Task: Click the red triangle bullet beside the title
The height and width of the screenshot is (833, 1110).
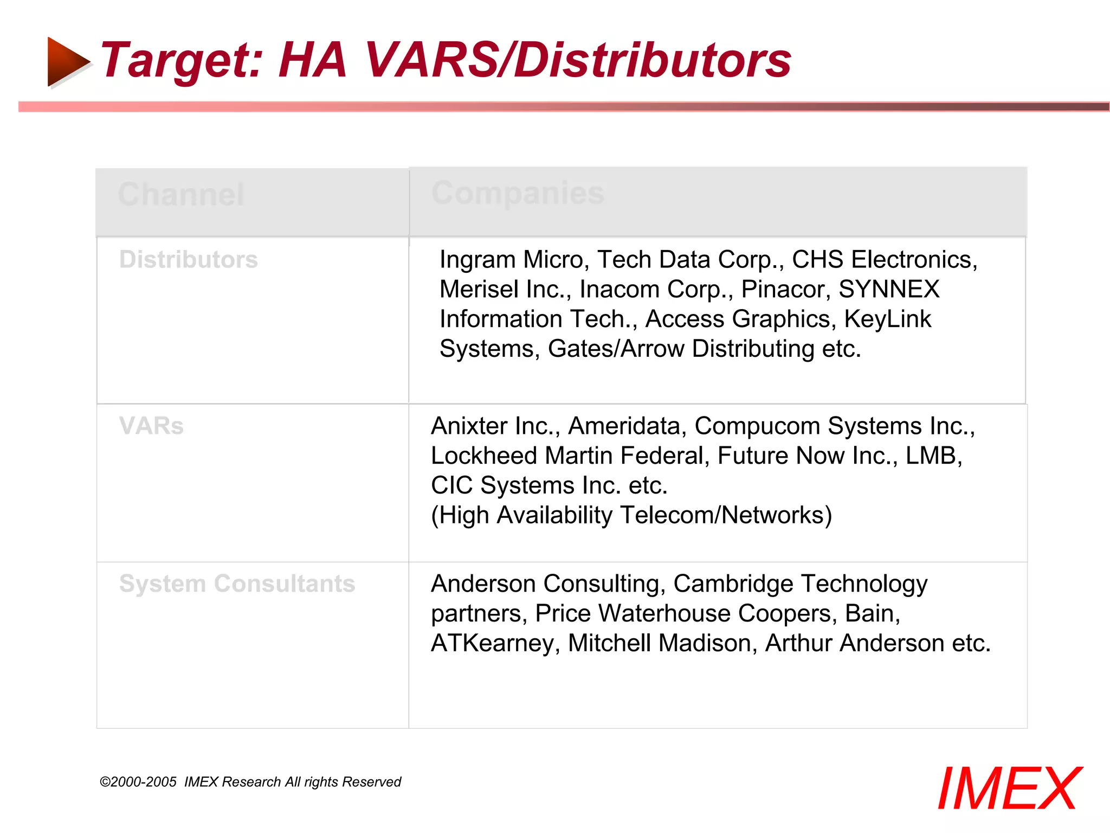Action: tap(67, 61)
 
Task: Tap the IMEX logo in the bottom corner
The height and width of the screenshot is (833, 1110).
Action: tap(1009, 789)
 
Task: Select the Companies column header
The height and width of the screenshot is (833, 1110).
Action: tap(518, 193)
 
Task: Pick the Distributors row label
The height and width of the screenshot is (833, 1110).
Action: tap(188, 259)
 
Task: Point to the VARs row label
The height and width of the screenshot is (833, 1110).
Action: tap(151, 426)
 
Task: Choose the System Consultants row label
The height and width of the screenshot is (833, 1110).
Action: tap(237, 584)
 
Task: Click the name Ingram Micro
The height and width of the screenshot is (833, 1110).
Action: tap(513, 260)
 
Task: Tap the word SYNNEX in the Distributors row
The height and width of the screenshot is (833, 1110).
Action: tap(889, 289)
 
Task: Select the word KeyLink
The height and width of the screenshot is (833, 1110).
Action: tap(887, 319)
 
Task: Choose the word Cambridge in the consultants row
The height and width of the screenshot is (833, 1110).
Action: tap(732, 584)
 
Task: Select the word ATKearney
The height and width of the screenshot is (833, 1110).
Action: tap(493, 644)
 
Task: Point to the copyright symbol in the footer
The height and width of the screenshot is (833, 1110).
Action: tap(105, 782)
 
